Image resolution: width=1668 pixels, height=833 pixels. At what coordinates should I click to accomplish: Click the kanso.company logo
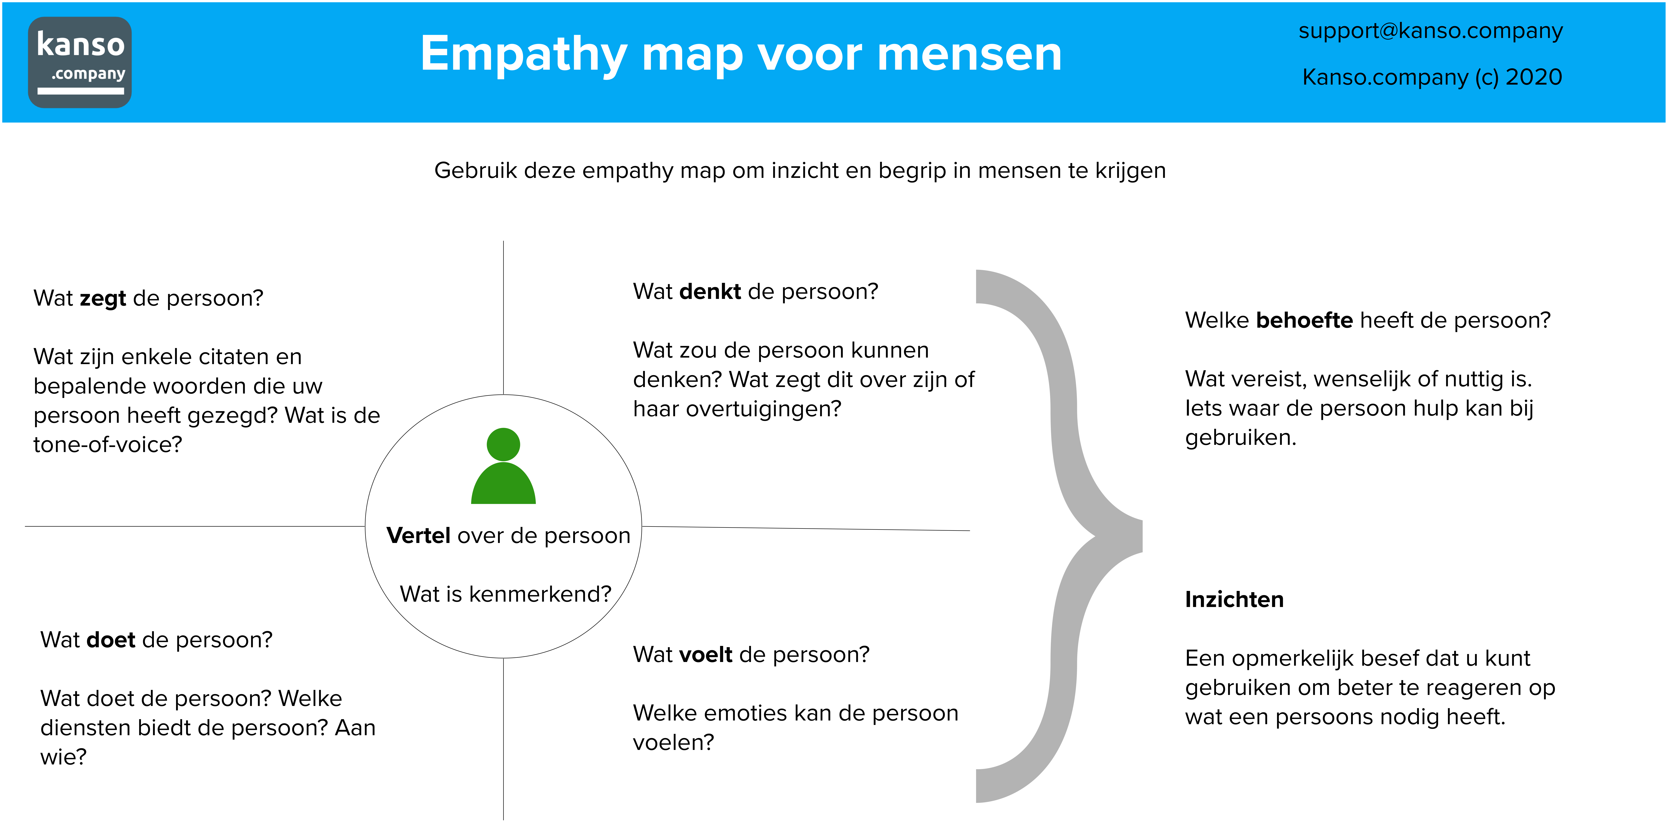(x=80, y=62)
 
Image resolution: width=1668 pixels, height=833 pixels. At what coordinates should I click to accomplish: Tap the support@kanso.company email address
(x=1430, y=31)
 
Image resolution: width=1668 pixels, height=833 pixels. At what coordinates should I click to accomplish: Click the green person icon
(x=503, y=466)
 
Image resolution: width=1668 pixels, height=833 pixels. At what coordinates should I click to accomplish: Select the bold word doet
(x=111, y=640)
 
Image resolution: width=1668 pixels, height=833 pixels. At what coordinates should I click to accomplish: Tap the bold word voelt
(x=706, y=655)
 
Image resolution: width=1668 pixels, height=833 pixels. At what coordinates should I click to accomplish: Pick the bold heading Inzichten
(x=1234, y=600)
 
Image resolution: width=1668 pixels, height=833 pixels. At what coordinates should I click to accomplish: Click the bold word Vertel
(x=418, y=536)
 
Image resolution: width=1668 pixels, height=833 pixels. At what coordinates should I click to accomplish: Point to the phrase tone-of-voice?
(x=107, y=445)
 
